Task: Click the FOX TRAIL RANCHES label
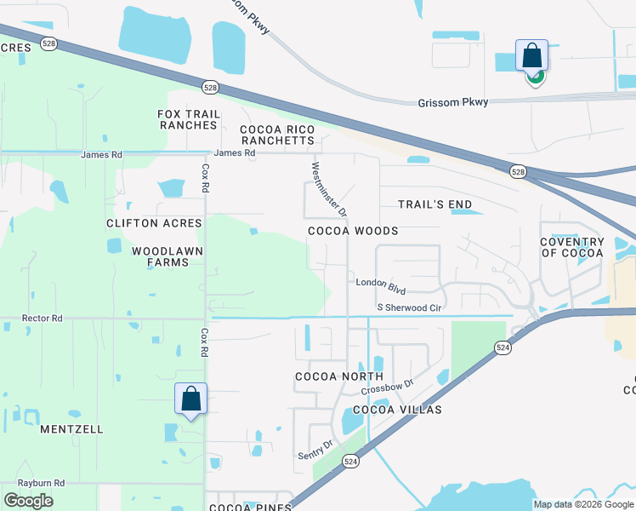pyautogui.click(x=189, y=120)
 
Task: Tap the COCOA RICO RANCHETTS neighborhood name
pyautogui.click(x=277, y=135)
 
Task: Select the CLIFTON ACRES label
pyautogui.click(x=154, y=223)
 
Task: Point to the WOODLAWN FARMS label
pyautogui.click(x=160, y=256)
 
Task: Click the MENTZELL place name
pyautogui.click(x=71, y=429)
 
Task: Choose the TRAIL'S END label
pyautogui.click(x=434, y=204)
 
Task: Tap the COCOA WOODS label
pyautogui.click(x=353, y=231)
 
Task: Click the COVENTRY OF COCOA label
pyautogui.click(x=571, y=247)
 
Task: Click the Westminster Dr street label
pyautogui.click(x=329, y=188)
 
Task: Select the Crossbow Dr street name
pyautogui.click(x=387, y=385)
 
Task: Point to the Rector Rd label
pyautogui.click(x=43, y=319)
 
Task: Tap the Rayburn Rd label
pyautogui.click(x=42, y=483)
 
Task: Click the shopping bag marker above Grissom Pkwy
pyautogui.click(x=531, y=56)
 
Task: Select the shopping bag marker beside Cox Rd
pyautogui.click(x=190, y=399)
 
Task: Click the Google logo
pyautogui.click(x=28, y=500)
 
